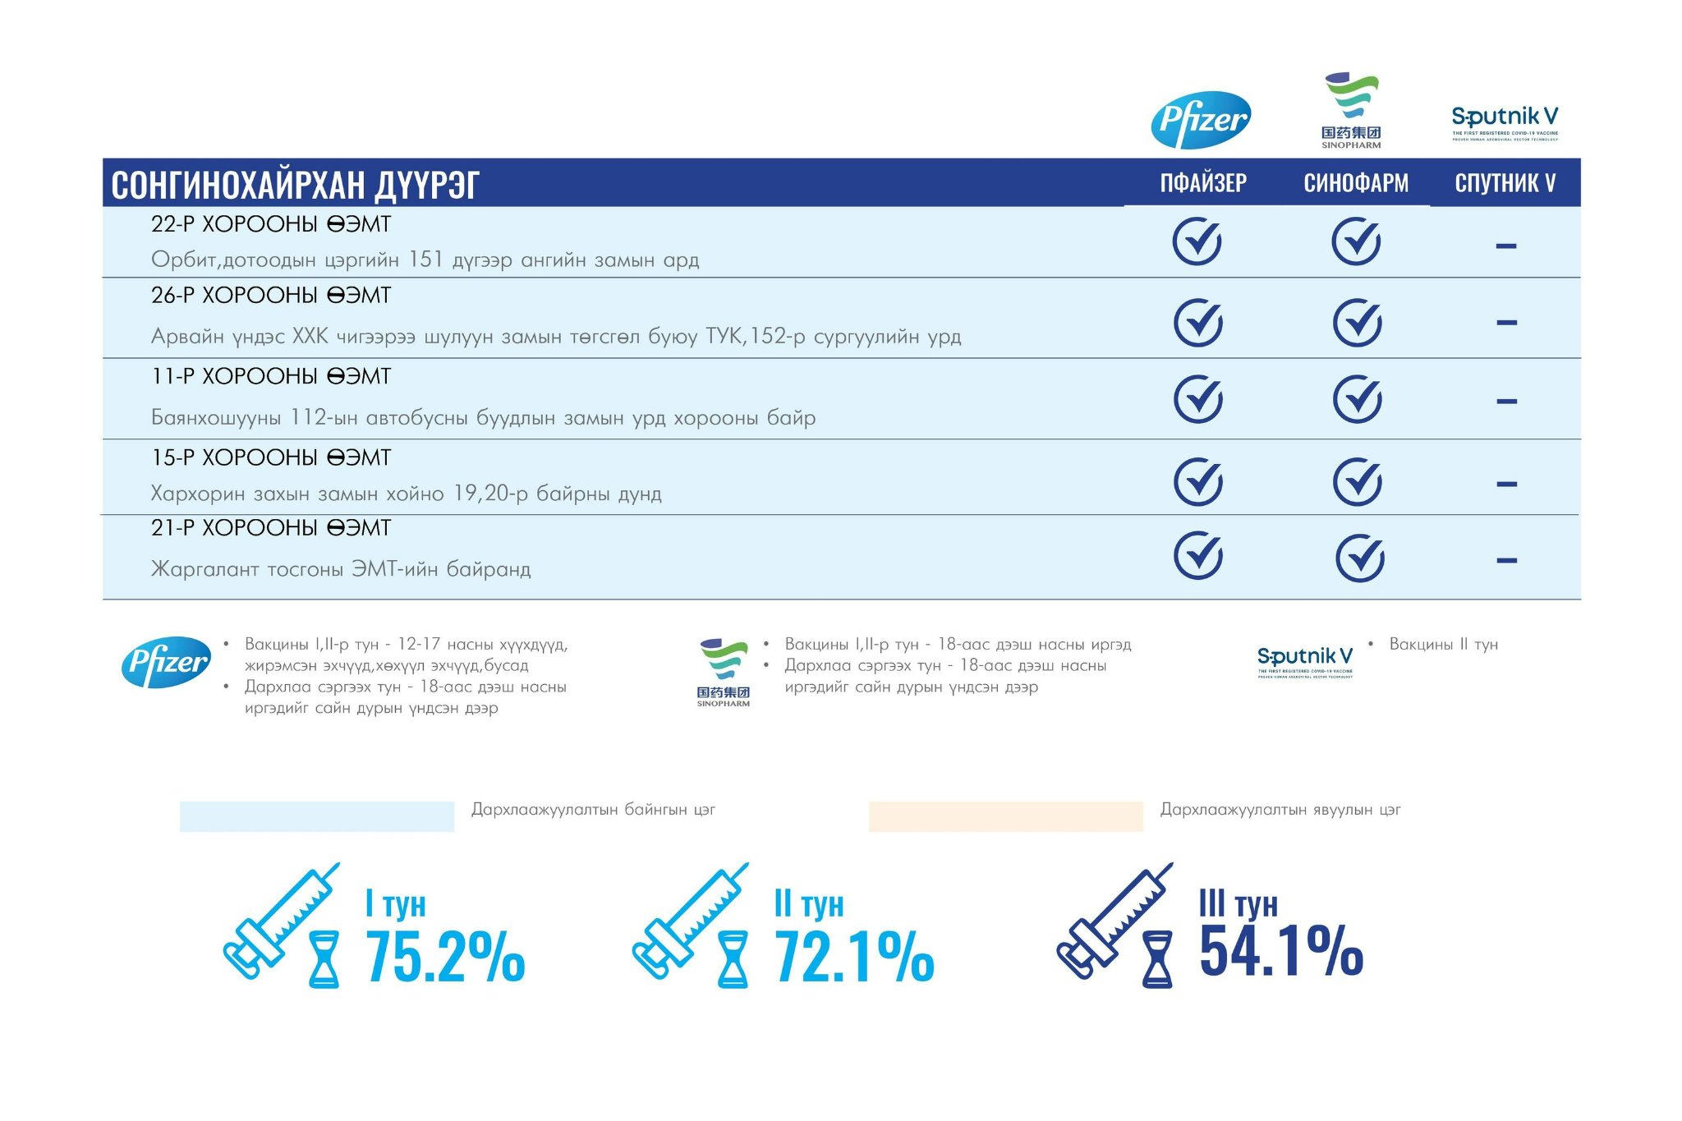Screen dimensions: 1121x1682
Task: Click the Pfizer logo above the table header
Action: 1201,120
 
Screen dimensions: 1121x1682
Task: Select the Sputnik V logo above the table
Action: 1505,122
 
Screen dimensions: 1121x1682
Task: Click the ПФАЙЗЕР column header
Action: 1203,182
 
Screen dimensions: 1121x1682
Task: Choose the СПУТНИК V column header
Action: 1505,182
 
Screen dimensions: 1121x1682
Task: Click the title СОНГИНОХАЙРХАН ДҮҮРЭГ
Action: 295,184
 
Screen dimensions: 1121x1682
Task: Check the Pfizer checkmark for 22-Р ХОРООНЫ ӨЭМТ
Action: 1197,241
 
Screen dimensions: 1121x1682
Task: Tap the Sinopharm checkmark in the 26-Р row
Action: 1357,322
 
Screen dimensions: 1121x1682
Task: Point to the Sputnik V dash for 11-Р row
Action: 1506,402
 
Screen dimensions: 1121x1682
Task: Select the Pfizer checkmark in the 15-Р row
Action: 1198,481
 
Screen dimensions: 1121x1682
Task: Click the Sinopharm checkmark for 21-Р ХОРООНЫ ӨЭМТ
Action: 1360,558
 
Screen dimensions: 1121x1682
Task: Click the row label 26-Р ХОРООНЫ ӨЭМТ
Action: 271,296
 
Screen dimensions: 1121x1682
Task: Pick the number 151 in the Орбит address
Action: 426,260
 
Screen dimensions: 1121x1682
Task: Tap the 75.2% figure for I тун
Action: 445,957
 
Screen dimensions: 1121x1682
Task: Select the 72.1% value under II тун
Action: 854,957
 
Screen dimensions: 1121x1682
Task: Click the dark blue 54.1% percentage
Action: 1281,951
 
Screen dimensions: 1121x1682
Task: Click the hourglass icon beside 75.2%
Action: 324,958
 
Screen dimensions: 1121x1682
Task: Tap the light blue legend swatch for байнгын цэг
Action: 317,816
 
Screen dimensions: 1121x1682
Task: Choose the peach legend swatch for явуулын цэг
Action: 1005,816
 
